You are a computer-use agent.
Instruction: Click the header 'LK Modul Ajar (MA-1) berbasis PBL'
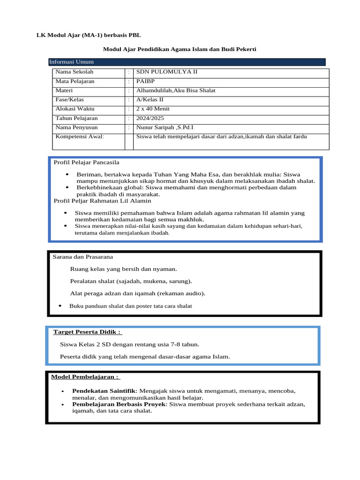pos(88,35)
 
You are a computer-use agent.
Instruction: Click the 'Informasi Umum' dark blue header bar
pos(187,62)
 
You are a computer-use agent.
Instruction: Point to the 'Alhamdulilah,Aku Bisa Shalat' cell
pos(175,90)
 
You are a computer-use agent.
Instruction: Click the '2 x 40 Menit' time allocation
pos(152,109)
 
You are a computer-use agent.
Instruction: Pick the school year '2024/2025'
pos(150,118)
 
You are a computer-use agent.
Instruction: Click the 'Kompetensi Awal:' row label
pos(79,137)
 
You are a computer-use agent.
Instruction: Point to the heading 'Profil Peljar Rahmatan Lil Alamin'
pos(102,201)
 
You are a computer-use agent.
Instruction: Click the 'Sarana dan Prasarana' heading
pos(82,257)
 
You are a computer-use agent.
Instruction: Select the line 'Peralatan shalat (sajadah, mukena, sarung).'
pos(131,281)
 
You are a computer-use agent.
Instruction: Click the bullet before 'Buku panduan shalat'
pos(60,306)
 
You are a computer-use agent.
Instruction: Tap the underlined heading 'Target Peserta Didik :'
pos(87,332)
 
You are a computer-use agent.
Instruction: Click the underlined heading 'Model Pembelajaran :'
pos(85,377)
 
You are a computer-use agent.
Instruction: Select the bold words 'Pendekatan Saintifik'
pos(103,391)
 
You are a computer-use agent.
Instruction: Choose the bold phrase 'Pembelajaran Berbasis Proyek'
pos(119,404)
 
